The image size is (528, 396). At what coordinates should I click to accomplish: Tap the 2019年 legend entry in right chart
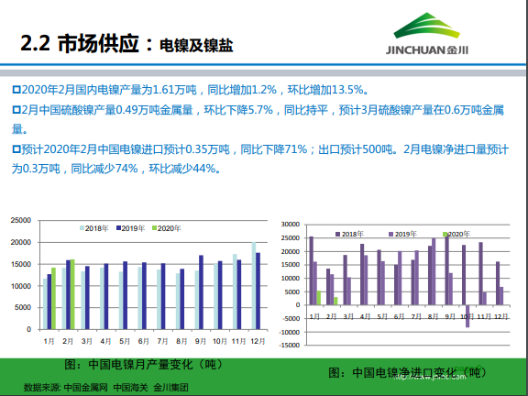404,235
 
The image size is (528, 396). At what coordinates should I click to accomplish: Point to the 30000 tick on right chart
292,225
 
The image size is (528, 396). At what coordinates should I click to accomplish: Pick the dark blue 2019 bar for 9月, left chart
202,291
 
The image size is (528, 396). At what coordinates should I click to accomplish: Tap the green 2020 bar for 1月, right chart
318,298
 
